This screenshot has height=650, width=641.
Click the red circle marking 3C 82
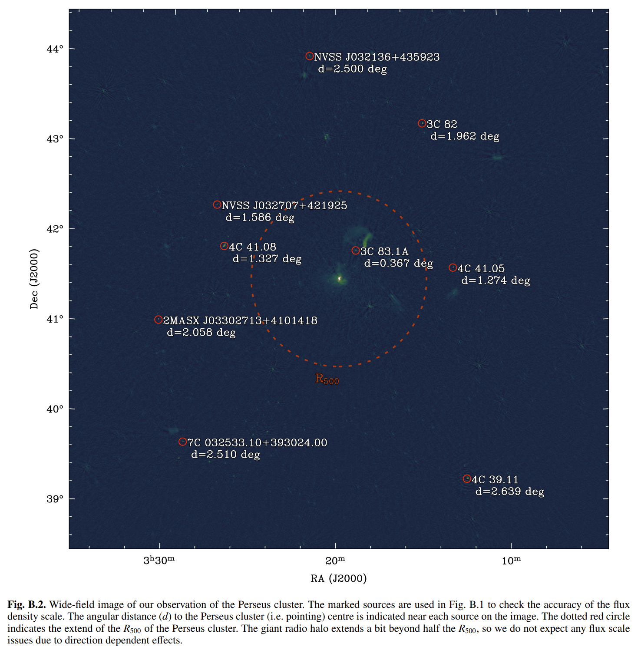[422, 123]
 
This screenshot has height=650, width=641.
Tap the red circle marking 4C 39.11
[467, 478]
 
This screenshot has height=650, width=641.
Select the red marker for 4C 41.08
[224, 246]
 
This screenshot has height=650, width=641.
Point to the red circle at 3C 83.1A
[356, 251]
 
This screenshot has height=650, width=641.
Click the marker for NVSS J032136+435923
[310, 56]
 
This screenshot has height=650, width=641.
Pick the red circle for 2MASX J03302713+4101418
[159, 320]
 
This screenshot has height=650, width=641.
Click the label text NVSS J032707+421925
[284, 205]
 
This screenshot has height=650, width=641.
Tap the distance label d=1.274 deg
[496, 280]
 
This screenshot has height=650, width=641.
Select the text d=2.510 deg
[225, 455]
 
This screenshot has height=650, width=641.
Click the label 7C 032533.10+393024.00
[257, 442]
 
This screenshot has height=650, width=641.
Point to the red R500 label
[327, 379]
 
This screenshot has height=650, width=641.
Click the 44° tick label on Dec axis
[55, 49]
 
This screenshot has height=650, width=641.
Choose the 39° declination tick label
[55, 498]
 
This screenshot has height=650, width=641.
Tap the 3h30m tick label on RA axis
[159, 560]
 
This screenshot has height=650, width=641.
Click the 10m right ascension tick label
[511, 561]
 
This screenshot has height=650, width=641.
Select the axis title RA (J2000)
[339, 578]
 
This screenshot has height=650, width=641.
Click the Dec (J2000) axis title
[34, 279]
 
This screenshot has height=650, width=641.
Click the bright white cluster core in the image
[339, 278]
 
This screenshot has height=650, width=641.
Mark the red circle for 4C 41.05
[453, 267]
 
